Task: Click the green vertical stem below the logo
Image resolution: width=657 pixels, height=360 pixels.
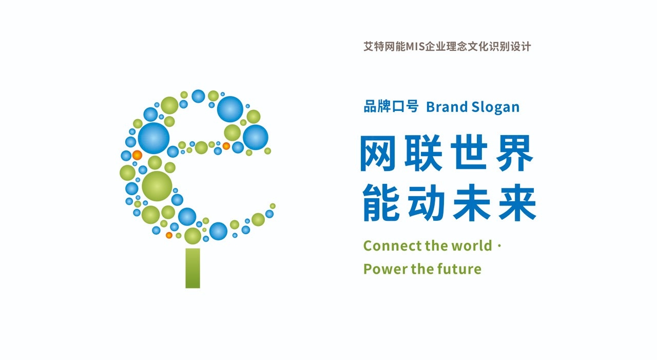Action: click(x=192, y=268)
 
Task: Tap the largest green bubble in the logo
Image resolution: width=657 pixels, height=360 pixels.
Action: click(x=157, y=186)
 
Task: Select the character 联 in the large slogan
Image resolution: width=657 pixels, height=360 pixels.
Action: click(x=423, y=153)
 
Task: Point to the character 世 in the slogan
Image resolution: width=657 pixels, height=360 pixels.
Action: click(x=469, y=153)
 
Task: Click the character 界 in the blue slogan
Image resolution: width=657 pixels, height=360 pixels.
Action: click(x=515, y=153)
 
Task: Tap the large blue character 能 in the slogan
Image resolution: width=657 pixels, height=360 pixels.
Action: click(x=381, y=203)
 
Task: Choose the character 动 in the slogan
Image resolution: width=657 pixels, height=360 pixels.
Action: click(x=427, y=203)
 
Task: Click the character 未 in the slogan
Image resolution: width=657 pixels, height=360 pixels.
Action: click(x=472, y=203)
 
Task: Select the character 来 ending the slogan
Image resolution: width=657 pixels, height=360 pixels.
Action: click(x=518, y=203)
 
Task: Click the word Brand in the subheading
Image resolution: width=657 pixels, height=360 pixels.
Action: click(x=447, y=107)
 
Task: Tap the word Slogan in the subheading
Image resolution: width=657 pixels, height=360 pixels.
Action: click(x=495, y=107)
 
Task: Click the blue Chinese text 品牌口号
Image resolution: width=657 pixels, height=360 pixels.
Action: click(x=391, y=106)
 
